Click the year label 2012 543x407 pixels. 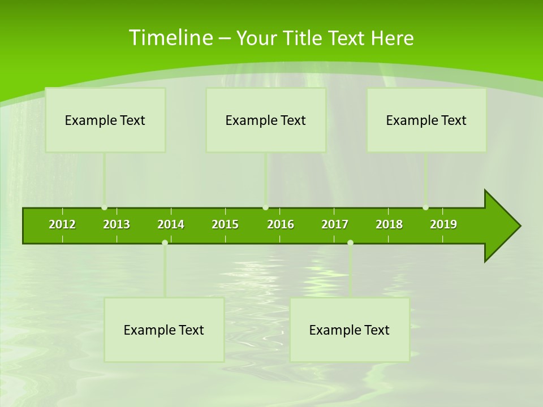pyautogui.click(x=62, y=224)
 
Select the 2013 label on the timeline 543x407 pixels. pyautogui.click(x=117, y=224)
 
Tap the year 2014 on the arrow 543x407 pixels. pyautogui.click(x=171, y=224)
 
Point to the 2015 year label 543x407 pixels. pyautogui.click(x=225, y=224)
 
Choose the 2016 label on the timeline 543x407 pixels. pyautogui.click(x=281, y=224)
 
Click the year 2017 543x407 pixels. pyautogui.click(x=335, y=224)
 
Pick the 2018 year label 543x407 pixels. pyautogui.click(x=389, y=224)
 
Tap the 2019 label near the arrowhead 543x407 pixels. pyautogui.click(x=443, y=224)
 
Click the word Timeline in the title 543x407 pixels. pyautogui.click(x=170, y=38)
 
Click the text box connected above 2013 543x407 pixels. pyautogui.click(x=105, y=120)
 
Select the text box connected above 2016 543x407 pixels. pyautogui.click(x=266, y=120)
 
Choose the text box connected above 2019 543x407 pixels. pyautogui.click(x=426, y=120)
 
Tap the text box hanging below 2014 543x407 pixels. pyautogui.click(x=164, y=330)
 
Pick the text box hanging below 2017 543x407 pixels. pyautogui.click(x=350, y=330)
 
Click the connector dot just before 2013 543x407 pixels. pyautogui.click(x=104, y=207)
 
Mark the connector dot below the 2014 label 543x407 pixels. pyautogui.click(x=165, y=243)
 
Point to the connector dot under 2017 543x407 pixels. pyautogui.click(x=350, y=243)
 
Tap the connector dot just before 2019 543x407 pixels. pyautogui.click(x=425, y=207)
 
